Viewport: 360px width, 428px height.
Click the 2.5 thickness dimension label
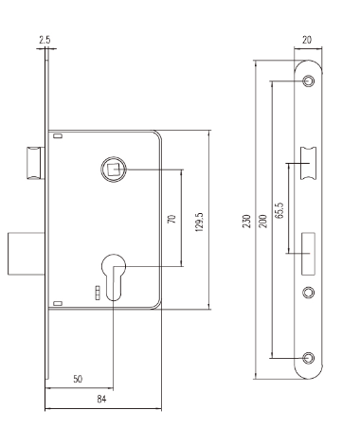[45, 40]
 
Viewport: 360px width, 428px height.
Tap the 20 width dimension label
[307, 40]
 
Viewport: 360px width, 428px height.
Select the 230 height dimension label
[246, 221]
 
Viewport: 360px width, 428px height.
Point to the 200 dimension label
[263, 221]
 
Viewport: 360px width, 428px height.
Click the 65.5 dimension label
[279, 210]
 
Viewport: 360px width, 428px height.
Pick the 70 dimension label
[171, 219]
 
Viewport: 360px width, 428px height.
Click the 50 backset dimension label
[78, 379]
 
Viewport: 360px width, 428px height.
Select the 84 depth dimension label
[101, 399]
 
